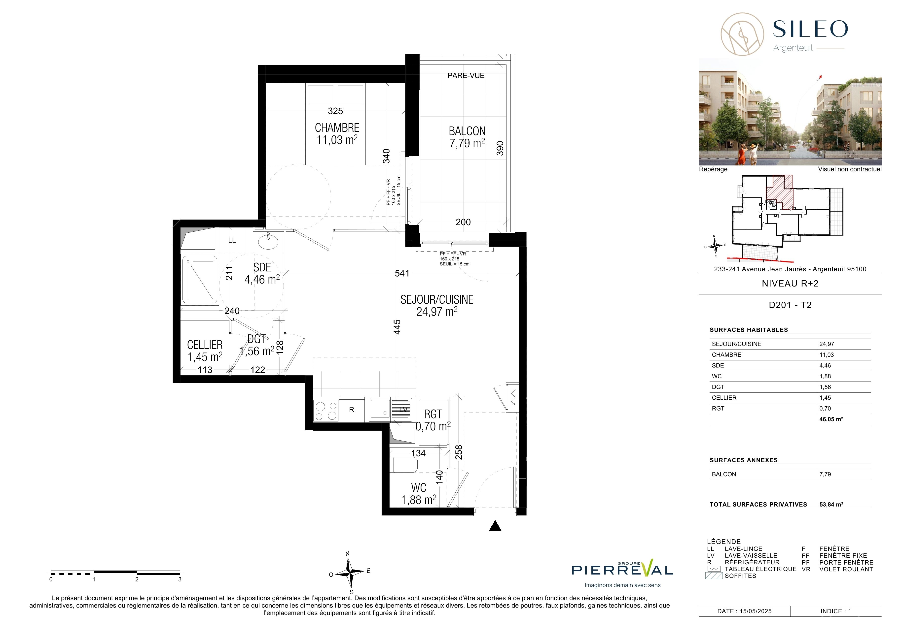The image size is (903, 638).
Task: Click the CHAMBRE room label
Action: pos(337,128)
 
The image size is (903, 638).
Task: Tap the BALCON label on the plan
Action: pos(467,131)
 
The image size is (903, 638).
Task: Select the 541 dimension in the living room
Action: pos(402,273)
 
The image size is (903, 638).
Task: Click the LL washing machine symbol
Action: pos(232,240)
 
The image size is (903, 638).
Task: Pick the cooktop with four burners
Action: pos(326,411)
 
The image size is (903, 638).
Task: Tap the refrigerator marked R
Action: pos(352,410)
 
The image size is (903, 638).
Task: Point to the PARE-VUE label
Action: pos(466,75)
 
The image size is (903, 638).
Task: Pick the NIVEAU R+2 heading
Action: pos(790,283)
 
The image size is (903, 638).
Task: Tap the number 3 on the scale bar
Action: pos(180,579)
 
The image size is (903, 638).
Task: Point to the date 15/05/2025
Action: pos(756,611)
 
